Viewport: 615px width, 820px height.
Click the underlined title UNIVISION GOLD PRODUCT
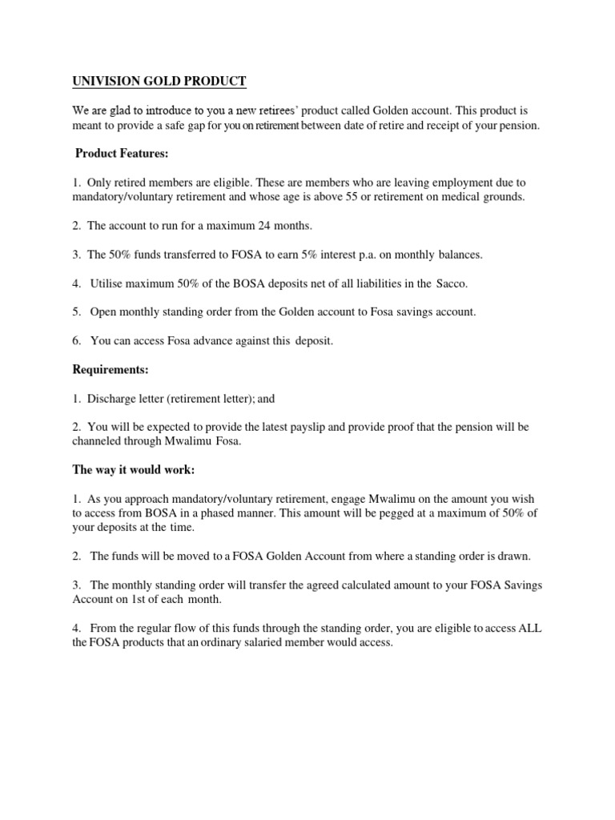click(160, 82)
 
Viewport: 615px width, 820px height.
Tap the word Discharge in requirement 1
click(111, 398)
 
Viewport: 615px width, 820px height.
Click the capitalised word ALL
click(529, 629)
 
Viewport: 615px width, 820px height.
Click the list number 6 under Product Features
click(77, 341)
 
